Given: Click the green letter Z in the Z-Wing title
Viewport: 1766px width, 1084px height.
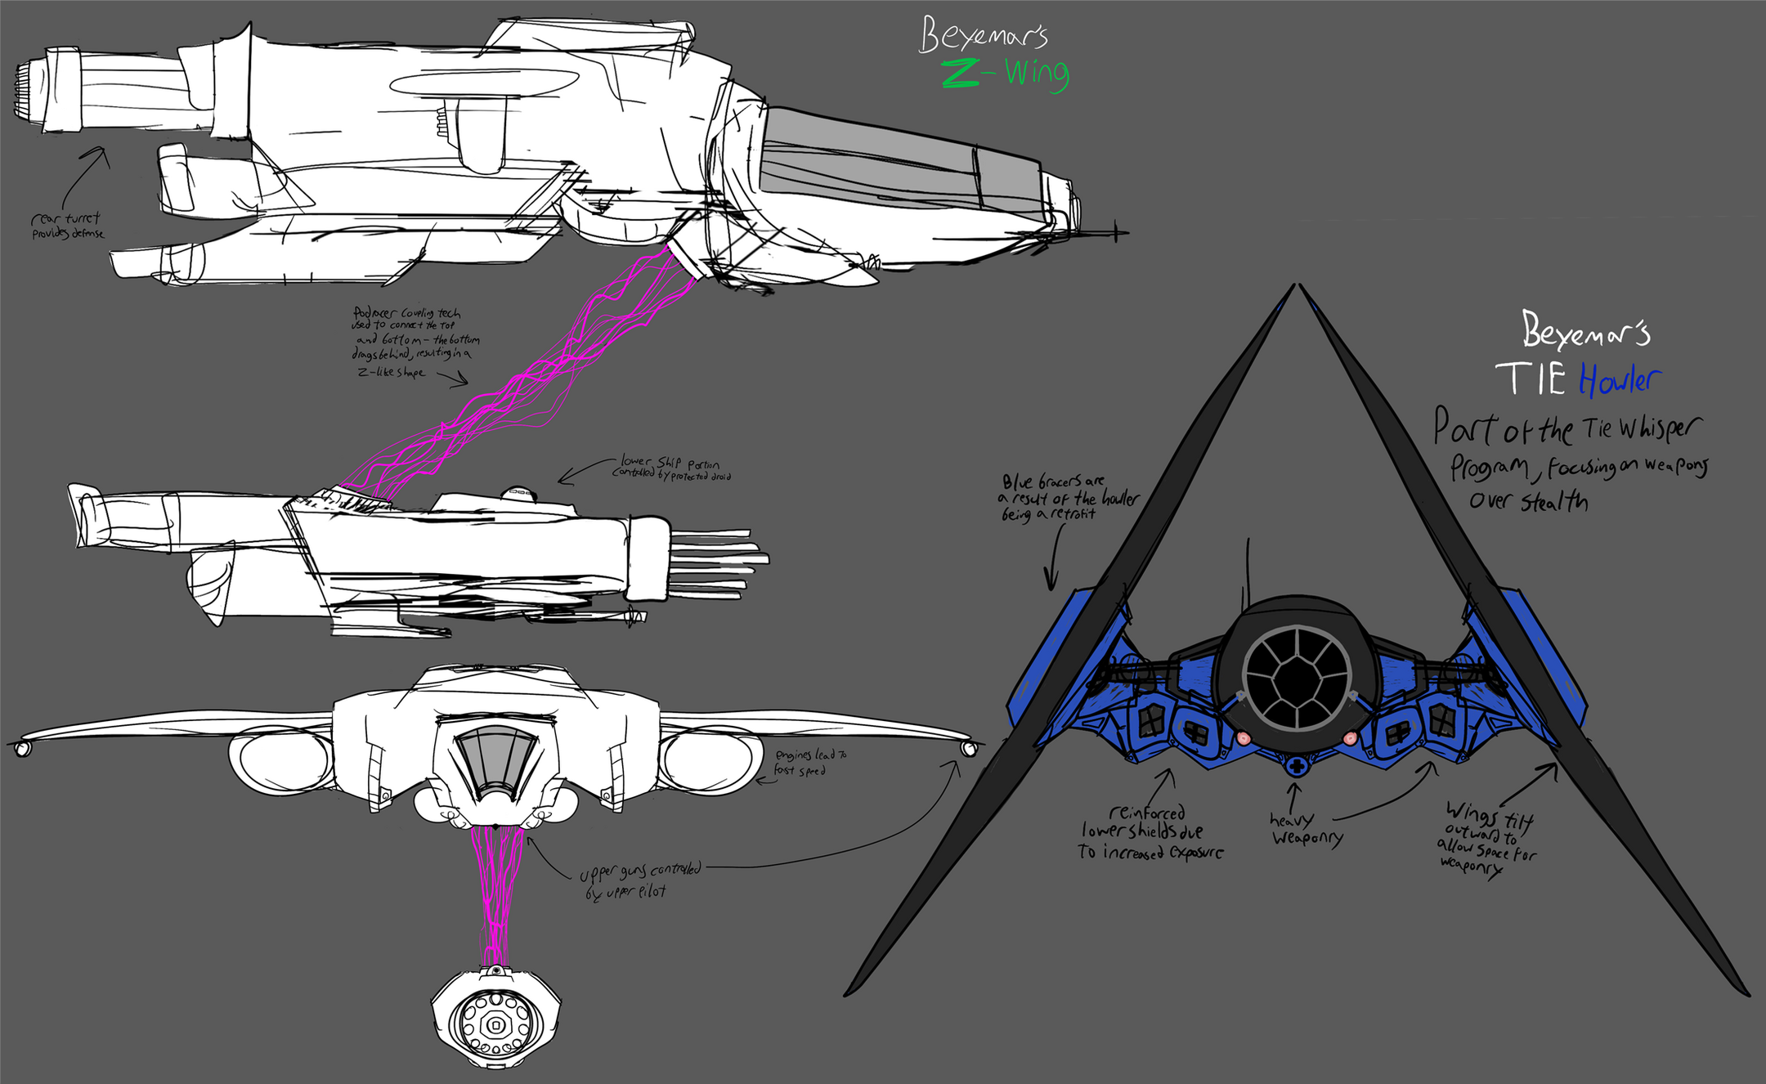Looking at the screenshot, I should [x=961, y=74].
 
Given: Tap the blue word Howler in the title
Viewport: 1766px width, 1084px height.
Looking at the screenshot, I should [x=1619, y=379].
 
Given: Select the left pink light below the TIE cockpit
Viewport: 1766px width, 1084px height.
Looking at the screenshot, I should [x=1244, y=738].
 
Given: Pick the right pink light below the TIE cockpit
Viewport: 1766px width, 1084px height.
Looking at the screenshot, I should [x=1349, y=738].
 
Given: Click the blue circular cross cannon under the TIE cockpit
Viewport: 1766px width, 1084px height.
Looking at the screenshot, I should [x=1295, y=767].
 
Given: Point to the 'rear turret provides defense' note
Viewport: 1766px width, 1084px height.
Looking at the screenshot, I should [x=67, y=226].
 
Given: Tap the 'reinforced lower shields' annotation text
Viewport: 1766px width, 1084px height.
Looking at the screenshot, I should [x=1150, y=832].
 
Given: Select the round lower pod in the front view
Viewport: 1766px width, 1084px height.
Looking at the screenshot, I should [x=495, y=1019].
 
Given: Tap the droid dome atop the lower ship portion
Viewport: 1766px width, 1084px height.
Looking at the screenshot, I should [x=518, y=493].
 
